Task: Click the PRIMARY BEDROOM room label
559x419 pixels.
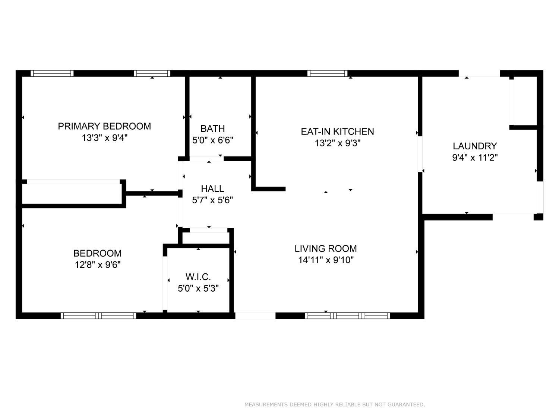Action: [x=104, y=126]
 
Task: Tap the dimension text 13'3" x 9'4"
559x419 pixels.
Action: [x=104, y=138]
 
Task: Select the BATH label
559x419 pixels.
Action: [x=213, y=128]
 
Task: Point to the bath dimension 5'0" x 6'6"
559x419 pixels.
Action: [x=213, y=140]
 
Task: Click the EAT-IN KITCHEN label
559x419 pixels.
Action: [x=337, y=131]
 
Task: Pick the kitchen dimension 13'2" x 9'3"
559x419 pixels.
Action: [x=338, y=143]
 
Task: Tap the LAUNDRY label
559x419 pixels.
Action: [x=475, y=146]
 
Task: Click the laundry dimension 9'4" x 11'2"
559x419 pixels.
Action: [x=475, y=158]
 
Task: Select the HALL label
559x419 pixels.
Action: [x=213, y=188]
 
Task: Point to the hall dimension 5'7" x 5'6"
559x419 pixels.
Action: [x=213, y=200]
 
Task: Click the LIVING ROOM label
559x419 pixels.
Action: [x=326, y=248]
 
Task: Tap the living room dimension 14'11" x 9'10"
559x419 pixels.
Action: [x=326, y=260]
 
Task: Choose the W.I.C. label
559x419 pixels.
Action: [x=198, y=277]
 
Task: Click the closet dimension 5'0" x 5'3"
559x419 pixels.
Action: [x=198, y=289]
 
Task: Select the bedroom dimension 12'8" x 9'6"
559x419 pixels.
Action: [x=98, y=265]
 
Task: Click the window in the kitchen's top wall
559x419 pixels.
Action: [x=327, y=73]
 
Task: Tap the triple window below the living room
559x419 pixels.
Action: [x=347, y=316]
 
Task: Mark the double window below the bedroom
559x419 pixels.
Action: [x=98, y=316]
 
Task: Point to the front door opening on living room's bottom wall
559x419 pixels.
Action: [x=255, y=316]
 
